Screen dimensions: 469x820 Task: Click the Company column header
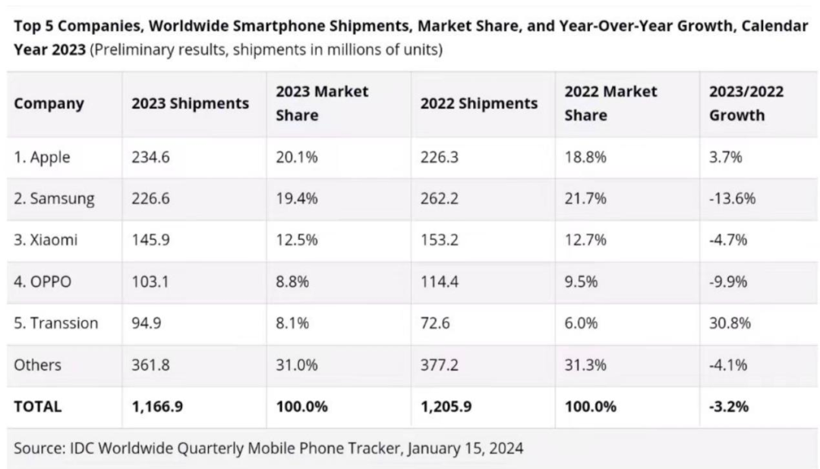49,104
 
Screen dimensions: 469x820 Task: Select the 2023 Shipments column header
190,104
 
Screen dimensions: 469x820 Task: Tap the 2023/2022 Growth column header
746,104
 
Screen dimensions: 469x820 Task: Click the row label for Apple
43,158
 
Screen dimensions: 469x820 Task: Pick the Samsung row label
54,199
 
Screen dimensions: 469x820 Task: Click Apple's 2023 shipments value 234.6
150,158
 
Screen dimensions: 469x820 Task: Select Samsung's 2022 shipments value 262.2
440,199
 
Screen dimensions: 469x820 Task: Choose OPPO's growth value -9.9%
728,282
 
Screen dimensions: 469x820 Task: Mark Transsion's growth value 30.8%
730,323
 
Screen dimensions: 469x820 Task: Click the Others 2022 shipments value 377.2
440,365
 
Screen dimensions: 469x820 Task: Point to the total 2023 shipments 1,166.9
157,406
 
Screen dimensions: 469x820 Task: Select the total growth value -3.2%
728,406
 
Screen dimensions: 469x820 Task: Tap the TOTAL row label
38,406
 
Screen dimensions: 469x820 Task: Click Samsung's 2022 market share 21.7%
585,199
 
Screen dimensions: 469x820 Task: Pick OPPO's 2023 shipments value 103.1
150,282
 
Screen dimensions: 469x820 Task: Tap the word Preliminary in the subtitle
132,51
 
